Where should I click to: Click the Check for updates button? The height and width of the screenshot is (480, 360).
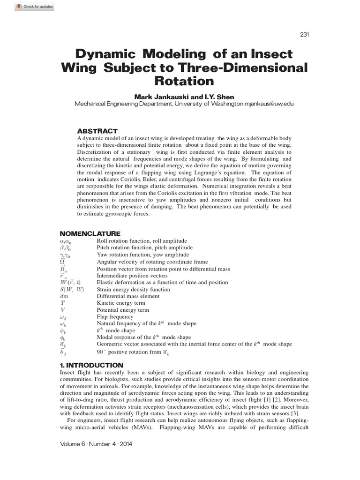coord(34,7)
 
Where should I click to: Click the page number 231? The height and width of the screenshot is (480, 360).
coord(303,35)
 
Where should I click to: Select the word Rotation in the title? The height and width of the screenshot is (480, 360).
coord(184,81)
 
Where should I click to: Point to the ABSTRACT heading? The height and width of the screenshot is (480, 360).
coord(97,131)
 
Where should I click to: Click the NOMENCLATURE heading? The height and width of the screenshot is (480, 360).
coord(90,233)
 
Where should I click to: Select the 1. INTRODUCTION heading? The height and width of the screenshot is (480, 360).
coord(91,365)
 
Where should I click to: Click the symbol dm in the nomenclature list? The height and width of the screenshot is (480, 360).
coord(64,296)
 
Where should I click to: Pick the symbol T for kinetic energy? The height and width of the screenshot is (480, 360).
coord(62,303)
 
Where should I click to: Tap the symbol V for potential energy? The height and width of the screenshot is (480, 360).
coord(62,310)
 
